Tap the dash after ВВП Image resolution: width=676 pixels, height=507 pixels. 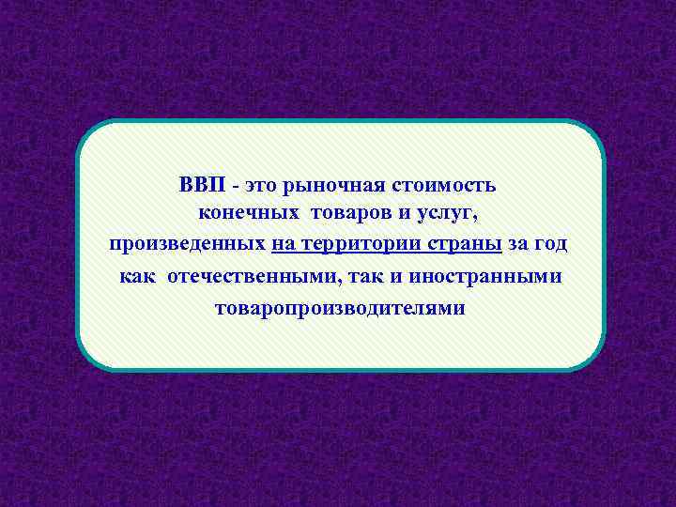[230, 184]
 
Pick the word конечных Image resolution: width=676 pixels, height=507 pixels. [242, 214]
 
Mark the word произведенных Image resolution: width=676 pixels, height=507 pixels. [187, 245]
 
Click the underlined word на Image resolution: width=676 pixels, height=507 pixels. [283, 245]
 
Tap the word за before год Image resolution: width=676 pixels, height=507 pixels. [518, 245]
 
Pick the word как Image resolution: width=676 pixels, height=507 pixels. [138, 276]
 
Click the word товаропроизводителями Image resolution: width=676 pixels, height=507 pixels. [339, 307]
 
